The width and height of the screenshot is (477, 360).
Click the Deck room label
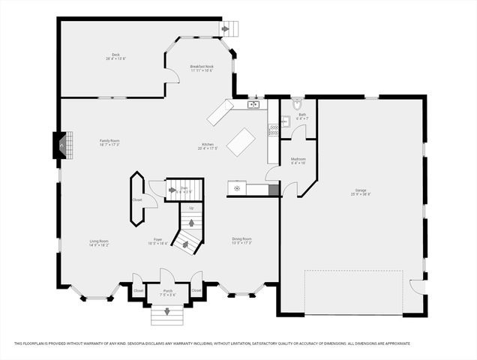pyautogui.click(x=115, y=56)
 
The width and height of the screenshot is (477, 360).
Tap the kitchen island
pyautogui.click(x=241, y=142)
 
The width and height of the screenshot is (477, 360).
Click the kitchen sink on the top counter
pyautogui.click(x=253, y=104)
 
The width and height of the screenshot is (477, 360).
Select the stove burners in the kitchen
pyautogui.click(x=273, y=129)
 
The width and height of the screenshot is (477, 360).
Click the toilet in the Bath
pyautogui.click(x=297, y=103)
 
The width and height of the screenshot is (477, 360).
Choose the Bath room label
pyautogui.click(x=301, y=117)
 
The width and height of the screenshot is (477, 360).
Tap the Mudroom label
pyautogui.click(x=298, y=161)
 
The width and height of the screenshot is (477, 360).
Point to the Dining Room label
pyautogui.click(x=241, y=241)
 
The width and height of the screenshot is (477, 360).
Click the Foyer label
pyautogui.click(x=157, y=242)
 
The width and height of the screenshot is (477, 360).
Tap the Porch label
pyautogui.click(x=166, y=294)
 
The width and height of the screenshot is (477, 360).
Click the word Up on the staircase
pyautogui.click(x=191, y=208)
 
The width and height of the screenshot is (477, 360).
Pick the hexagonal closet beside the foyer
pyautogui.click(x=137, y=199)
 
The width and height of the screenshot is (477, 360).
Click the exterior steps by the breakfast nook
pyautogui.click(x=230, y=28)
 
